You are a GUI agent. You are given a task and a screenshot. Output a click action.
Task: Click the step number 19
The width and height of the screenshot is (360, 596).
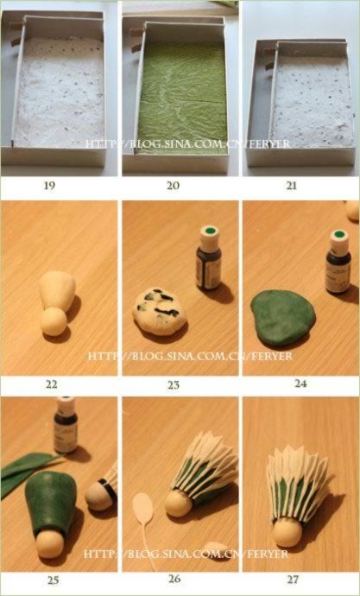pyautogui.click(x=50, y=186)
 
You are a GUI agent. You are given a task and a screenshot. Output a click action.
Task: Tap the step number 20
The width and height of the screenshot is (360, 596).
pyautogui.click(x=173, y=186)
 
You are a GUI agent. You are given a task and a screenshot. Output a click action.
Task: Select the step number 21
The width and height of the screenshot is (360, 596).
pyautogui.click(x=293, y=186)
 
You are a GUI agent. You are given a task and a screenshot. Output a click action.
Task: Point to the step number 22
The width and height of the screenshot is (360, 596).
pyautogui.click(x=52, y=384)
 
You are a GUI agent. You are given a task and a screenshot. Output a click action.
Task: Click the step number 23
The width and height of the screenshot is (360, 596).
pyautogui.click(x=174, y=385)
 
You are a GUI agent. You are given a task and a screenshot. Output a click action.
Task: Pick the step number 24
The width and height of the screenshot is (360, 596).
pyautogui.click(x=300, y=384)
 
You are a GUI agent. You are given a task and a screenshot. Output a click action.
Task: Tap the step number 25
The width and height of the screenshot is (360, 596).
pyautogui.click(x=54, y=580)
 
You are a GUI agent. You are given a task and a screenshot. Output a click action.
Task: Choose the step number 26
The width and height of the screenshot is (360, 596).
pyautogui.click(x=175, y=580)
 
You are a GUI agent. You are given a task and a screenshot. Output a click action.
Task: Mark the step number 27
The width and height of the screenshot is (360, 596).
pyautogui.click(x=293, y=580)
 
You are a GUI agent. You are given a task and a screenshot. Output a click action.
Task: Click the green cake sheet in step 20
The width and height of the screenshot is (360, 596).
pyautogui.click(x=182, y=97)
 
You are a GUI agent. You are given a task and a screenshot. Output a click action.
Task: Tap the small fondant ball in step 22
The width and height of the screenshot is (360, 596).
pyautogui.click(x=54, y=322)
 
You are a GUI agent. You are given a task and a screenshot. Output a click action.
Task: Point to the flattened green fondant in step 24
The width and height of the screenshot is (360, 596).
pyautogui.click(x=283, y=318)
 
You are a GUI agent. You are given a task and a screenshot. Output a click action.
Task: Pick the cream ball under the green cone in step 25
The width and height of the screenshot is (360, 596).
pyautogui.click(x=50, y=544)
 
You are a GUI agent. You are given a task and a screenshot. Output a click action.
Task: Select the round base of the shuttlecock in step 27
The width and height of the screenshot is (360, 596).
pyautogui.click(x=287, y=532)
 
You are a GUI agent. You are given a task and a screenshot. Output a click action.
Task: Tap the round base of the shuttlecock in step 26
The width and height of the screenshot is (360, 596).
pyautogui.click(x=180, y=503)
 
